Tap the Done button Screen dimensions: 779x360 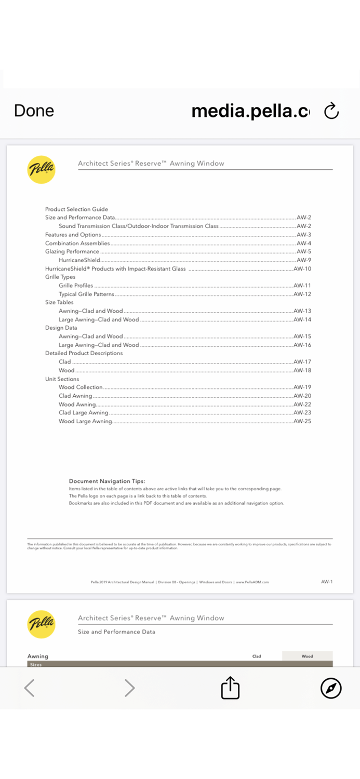tap(34, 111)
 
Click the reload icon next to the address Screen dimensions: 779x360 tap(331, 111)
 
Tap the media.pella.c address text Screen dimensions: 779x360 tap(250, 111)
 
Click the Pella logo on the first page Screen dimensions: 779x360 tap(41, 170)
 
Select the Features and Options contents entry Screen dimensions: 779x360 tap(73, 235)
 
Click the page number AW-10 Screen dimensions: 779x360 tap(302, 268)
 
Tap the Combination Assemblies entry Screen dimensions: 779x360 tap(77, 243)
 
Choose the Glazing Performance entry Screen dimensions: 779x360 tap(72, 251)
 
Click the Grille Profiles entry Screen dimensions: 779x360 tap(76, 286)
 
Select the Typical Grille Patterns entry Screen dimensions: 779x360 tap(86, 294)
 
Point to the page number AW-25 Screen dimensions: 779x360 tap(302, 421)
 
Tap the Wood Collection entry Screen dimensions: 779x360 tap(81, 387)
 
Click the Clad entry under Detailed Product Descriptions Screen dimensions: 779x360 tap(65, 361)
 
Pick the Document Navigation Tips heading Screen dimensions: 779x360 tap(107, 481)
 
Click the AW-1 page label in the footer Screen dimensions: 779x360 tap(327, 582)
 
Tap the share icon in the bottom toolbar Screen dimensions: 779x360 tap(230, 688)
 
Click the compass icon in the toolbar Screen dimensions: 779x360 tap(331, 688)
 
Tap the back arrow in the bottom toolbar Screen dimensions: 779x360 tap(30, 688)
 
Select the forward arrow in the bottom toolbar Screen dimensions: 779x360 tap(129, 688)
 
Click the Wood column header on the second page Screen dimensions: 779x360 tap(308, 656)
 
